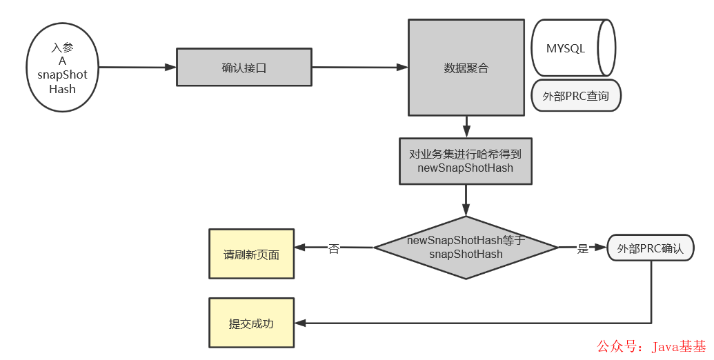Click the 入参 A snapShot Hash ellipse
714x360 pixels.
pos(63,68)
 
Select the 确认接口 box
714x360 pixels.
pos(244,67)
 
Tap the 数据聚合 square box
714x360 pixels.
pos(466,68)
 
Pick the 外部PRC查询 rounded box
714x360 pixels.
pos(576,96)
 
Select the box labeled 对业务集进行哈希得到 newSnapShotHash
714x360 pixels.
pos(466,161)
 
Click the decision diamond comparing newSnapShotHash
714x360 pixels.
pos(466,247)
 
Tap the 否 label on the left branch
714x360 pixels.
pos(334,248)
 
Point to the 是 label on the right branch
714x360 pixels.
pos(582,248)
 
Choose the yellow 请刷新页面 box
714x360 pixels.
pos(251,254)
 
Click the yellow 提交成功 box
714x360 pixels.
pos(251,323)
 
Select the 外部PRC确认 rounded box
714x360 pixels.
pos(650,248)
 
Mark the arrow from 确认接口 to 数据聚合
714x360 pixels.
pos(359,67)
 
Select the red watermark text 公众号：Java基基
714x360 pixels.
pos(651,346)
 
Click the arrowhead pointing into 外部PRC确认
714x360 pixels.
pos(602,247)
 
